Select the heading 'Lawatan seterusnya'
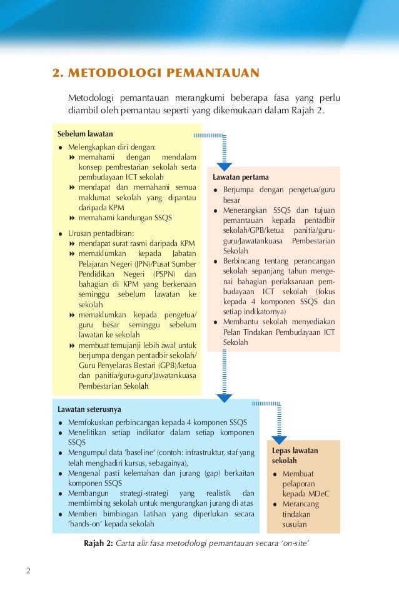[x=89, y=409]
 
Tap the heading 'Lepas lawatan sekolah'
[x=295, y=455]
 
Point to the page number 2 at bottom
[x=29, y=570]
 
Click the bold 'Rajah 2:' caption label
[x=99, y=542]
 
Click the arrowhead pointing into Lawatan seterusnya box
[x=224, y=397]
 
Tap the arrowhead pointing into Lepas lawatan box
[x=279, y=441]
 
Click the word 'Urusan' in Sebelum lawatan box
[x=81, y=233]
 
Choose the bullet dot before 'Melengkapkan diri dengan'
[x=60, y=148]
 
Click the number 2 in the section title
[x=56, y=74]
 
